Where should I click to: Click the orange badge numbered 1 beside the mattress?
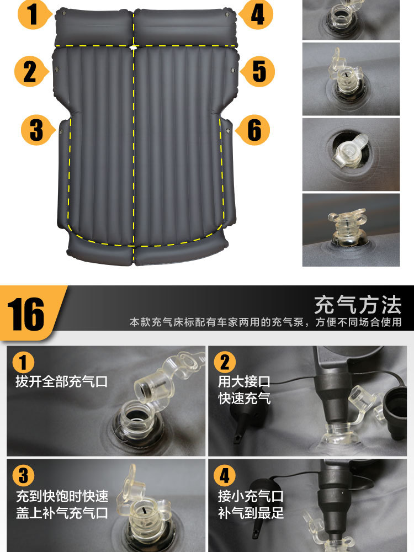34,14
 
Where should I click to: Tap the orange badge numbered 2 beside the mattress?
31,71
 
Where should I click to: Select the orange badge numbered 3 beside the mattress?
38,130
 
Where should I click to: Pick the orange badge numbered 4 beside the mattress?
256,14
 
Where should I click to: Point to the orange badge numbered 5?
258,71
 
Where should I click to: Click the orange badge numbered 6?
253,130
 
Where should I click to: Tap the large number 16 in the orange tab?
26,315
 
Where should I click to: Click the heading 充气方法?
358,305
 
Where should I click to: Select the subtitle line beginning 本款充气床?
266,322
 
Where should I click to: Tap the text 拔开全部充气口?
62,381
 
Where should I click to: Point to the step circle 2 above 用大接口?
225,363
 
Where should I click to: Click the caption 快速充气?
245,399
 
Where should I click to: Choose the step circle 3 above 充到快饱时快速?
23,475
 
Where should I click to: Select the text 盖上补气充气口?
62,513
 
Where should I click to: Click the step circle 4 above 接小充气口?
225,475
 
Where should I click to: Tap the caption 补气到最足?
251,513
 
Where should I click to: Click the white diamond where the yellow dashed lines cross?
134,46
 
